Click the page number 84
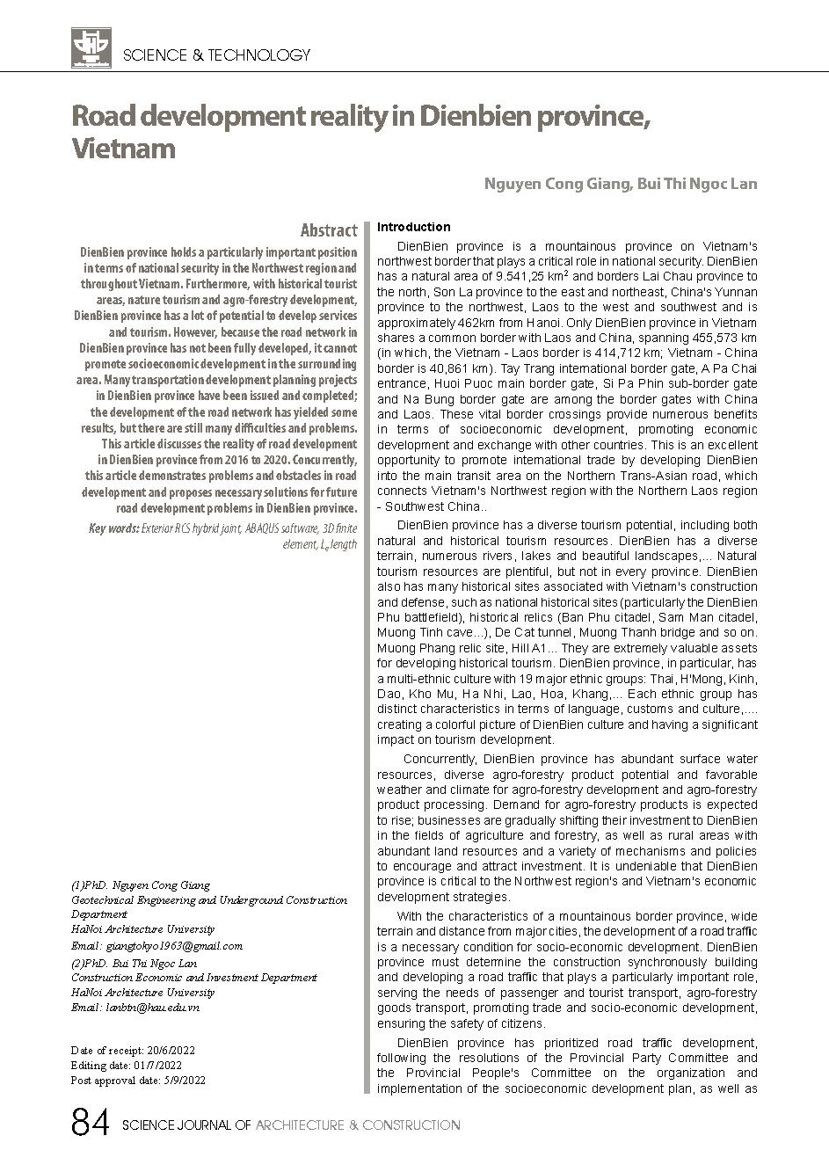90,1125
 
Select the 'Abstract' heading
328,230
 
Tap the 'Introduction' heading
413,227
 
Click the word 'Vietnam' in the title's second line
123,148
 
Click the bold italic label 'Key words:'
113,528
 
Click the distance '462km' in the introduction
472,323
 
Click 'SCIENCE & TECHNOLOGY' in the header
217,55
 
